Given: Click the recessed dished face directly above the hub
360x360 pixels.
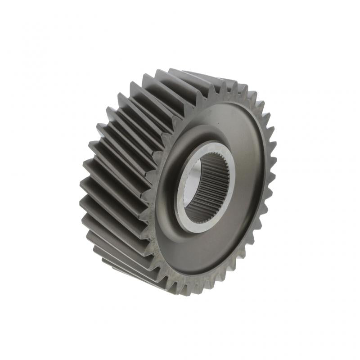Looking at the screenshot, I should coord(225,124).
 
